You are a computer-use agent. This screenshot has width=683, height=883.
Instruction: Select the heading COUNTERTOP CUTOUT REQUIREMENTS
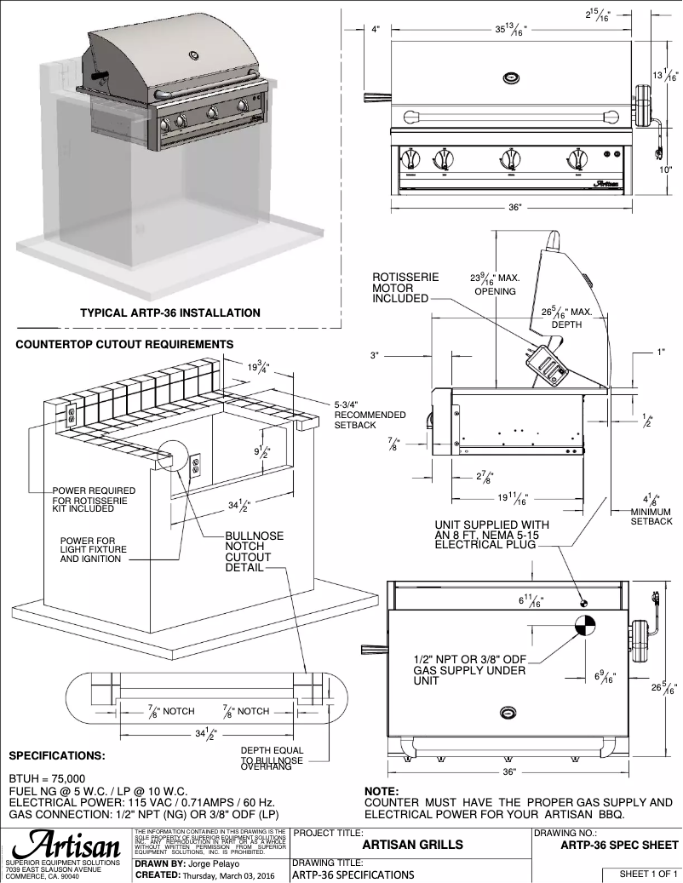tap(124, 344)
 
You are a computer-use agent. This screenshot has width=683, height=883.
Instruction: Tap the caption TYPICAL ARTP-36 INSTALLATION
tap(170, 312)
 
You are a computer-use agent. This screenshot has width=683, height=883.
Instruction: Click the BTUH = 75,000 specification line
tap(47, 778)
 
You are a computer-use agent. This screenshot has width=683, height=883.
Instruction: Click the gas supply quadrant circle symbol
tap(584, 626)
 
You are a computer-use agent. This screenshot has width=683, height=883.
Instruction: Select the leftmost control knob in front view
tap(411, 158)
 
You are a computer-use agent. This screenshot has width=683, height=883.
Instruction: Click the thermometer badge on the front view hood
tap(511, 77)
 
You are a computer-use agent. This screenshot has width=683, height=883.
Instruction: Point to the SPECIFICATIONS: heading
tap(57, 755)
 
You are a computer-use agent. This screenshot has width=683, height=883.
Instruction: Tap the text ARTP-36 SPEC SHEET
tap(619, 846)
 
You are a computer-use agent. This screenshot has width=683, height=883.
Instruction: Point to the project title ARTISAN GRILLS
tap(412, 846)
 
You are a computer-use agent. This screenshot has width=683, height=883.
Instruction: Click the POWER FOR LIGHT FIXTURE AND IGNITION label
tap(93, 550)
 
